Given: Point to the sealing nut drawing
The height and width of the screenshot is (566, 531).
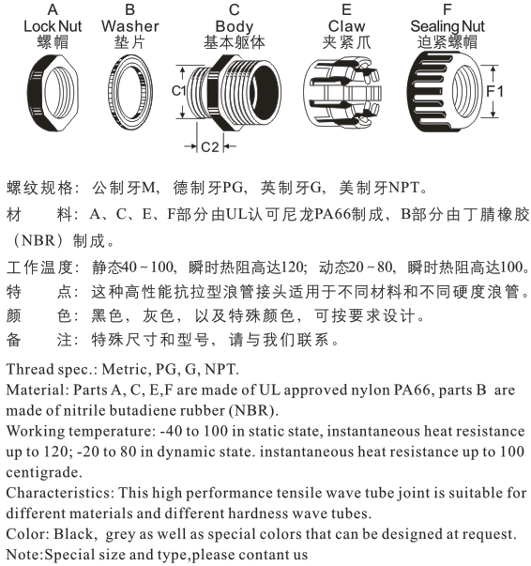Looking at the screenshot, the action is click(445, 93).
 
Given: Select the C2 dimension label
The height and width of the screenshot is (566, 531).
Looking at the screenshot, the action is click(211, 147).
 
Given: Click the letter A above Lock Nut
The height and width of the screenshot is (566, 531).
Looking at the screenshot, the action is click(53, 8).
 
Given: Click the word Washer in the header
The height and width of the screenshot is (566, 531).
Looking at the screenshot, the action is click(129, 25).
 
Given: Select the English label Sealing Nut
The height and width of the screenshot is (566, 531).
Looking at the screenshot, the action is click(447, 25).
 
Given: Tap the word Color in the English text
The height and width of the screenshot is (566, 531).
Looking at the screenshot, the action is click(24, 534).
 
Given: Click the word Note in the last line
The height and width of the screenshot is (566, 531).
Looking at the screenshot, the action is click(23, 555).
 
